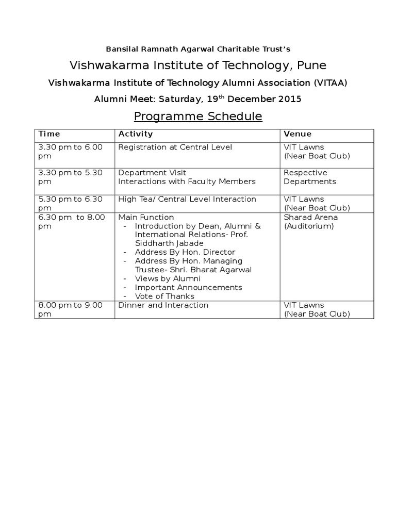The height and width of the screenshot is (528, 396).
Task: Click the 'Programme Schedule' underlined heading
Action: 198,117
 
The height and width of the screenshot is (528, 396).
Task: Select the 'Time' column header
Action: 49,134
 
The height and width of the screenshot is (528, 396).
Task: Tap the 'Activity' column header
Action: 136,134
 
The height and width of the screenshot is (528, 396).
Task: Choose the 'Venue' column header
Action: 298,134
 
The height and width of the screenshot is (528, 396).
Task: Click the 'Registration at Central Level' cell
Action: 175,147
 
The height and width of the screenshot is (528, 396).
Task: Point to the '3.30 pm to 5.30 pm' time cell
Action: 71,177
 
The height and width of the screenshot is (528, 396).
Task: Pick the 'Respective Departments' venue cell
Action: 309,177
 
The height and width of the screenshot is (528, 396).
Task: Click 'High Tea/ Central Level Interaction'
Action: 187,199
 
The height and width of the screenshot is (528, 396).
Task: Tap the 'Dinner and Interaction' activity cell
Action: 163,305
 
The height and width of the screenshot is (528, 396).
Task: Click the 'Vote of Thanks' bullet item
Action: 164,296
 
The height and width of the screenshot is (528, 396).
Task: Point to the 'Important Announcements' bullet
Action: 188,287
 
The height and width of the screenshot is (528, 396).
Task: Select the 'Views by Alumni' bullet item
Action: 168,278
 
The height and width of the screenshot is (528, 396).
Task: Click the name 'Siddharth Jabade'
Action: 169,243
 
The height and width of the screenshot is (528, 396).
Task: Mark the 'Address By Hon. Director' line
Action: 185,252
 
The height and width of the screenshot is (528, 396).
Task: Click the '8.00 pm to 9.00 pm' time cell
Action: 71,309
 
